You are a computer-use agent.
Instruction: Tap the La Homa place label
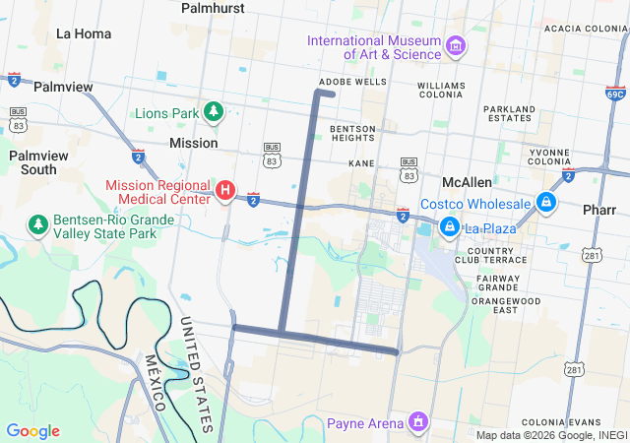84,33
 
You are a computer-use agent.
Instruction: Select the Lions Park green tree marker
213,112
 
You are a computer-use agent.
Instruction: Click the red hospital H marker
225,189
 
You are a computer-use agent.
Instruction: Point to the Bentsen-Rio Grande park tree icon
38,225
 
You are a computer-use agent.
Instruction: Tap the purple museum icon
455,46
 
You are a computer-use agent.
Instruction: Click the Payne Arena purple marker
418,423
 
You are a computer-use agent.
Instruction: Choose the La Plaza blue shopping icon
450,227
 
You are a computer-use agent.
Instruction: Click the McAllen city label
467,183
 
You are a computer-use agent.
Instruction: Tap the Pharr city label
598,210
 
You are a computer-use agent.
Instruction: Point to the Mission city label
194,143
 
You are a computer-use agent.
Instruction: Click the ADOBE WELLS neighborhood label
352,82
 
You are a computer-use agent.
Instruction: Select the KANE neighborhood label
361,162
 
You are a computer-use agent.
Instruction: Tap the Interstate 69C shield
615,94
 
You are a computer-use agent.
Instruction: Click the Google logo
33,431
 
